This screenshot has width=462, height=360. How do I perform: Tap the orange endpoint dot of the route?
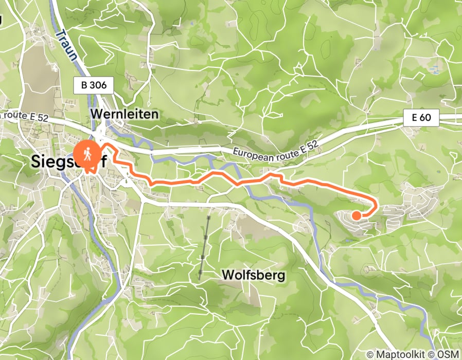356,215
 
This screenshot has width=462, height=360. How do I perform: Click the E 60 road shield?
421,118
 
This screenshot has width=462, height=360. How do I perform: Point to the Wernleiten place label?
124,114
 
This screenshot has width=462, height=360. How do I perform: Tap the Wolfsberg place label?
253,276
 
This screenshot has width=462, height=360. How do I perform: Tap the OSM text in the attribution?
448,354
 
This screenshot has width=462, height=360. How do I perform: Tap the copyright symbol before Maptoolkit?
370,354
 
